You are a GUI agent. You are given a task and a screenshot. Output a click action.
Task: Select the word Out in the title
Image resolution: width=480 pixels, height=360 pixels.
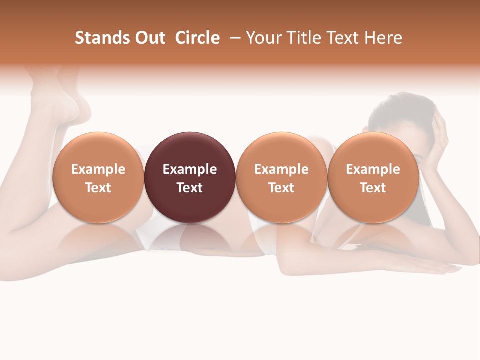click(x=149, y=38)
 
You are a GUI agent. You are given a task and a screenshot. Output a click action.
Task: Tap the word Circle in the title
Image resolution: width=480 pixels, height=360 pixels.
click(x=197, y=38)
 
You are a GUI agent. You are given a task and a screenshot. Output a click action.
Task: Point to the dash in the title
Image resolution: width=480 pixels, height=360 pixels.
click(x=233, y=38)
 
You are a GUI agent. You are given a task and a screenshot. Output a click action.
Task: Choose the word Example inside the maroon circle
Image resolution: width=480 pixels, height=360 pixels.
click(x=190, y=169)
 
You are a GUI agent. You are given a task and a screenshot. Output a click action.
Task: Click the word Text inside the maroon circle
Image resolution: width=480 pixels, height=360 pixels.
click(x=190, y=188)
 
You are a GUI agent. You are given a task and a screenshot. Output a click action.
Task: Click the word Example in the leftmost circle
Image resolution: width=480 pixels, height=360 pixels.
click(x=98, y=169)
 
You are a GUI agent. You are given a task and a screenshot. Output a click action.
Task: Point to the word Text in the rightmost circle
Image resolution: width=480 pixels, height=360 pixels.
click(x=373, y=188)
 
